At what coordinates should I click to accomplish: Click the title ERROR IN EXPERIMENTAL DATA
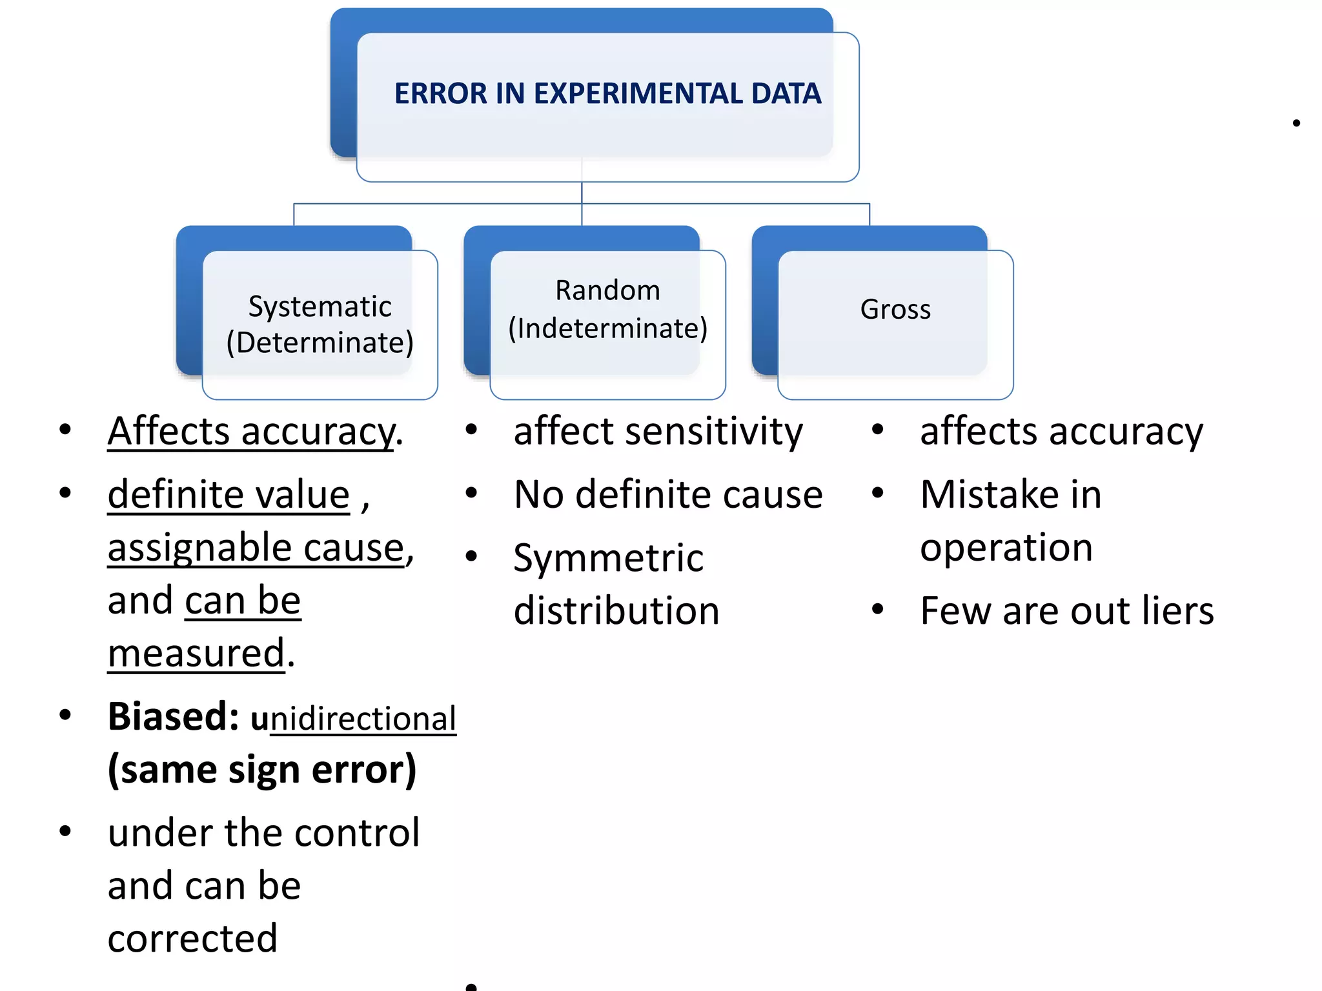pyautogui.click(x=607, y=94)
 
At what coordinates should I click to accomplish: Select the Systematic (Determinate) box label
pyautogui.click(x=320, y=325)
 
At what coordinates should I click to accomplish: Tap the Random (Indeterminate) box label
pyautogui.click(x=607, y=309)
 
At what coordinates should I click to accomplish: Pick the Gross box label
pyautogui.click(x=895, y=309)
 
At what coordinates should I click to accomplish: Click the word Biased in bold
pyautogui.click(x=173, y=717)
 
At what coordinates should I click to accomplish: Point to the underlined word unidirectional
pyautogui.click(x=354, y=719)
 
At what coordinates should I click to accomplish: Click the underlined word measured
pyautogui.click(x=196, y=653)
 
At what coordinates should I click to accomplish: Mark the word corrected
pyautogui.click(x=192, y=938)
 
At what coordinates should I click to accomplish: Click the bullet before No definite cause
pyautogui.click(x=471, y=494)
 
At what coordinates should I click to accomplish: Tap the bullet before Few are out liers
pyautogui.click(x=877, y=609)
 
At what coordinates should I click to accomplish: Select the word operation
pyautogui.click(x=1006, y=548)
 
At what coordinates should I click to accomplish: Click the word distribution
pyautogui.click(x=616, y=610)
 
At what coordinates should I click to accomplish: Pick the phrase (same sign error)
pyautogui.click(x=262, y=770)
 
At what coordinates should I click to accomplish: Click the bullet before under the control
pyautogui.click(x=65, y=831)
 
